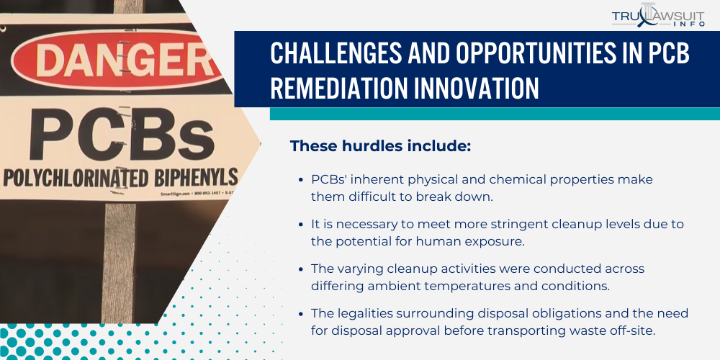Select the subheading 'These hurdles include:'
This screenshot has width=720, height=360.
380,146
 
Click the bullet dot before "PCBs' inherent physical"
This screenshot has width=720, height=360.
301,179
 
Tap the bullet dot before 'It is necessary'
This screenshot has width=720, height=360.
301,225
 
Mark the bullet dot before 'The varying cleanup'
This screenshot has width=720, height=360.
301,269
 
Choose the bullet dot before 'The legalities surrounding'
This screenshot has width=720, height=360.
301,314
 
